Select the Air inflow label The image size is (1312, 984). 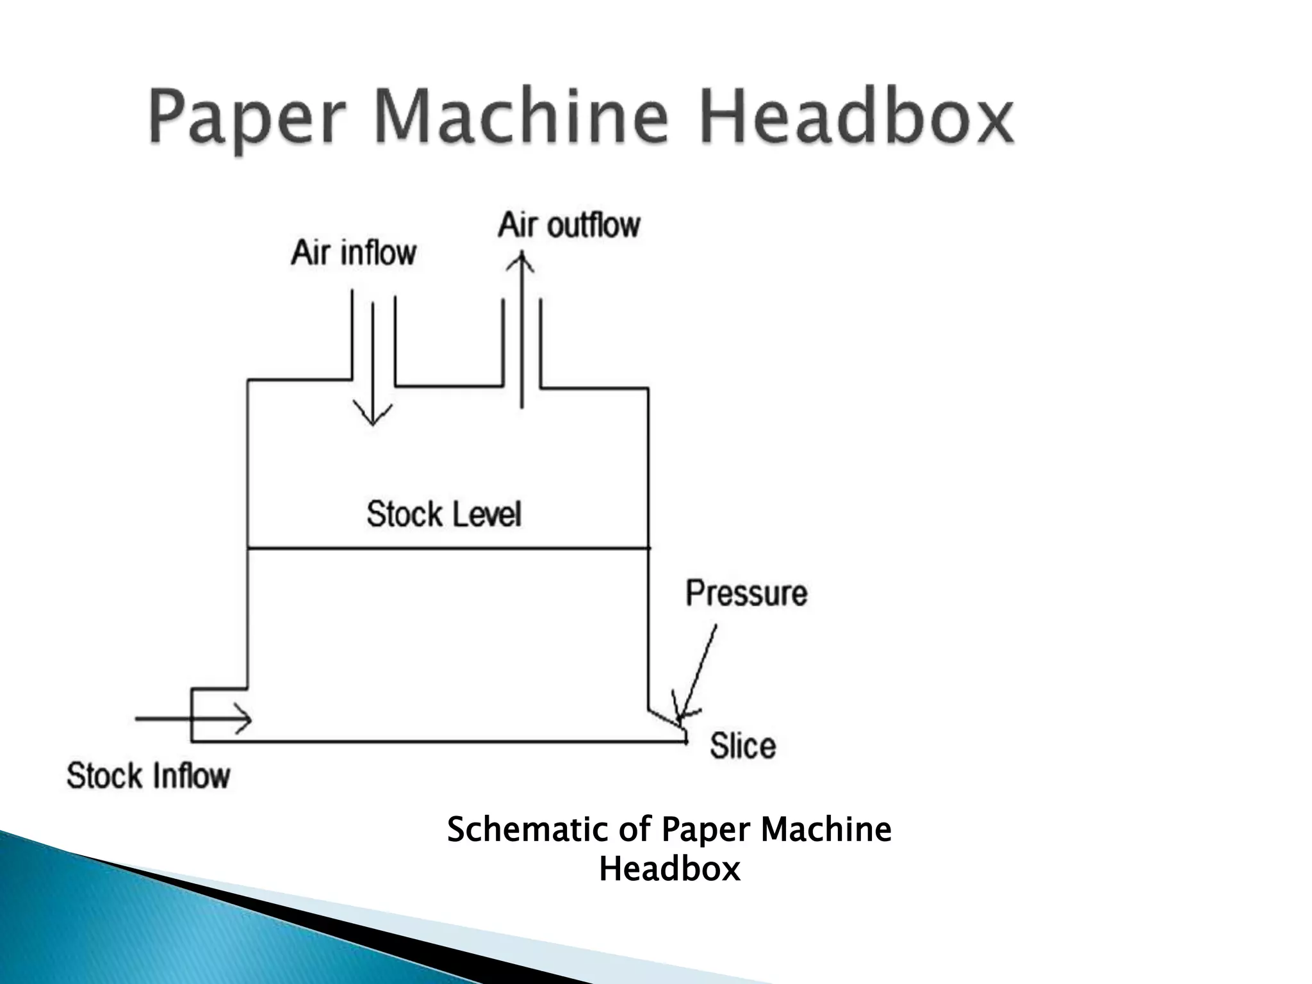click(x=354, y=252)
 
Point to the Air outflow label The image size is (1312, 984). click(x=569, y=225)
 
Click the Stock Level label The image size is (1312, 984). click(x=444, y=514)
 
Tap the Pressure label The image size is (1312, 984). click(x=746, y=593)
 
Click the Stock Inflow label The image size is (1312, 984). click(x=148, y=776)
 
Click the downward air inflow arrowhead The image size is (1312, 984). click(x=373, y=416)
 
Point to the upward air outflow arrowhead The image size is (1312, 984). click(x=522, y=263)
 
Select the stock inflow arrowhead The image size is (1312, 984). click(x=244, y=720)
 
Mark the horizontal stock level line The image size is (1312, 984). click(x=448, y=548)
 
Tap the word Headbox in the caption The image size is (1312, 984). click(x=669, y=869)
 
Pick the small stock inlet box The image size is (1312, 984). click(x=218, y=715)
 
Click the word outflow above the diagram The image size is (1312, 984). click(x=593, y=225)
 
